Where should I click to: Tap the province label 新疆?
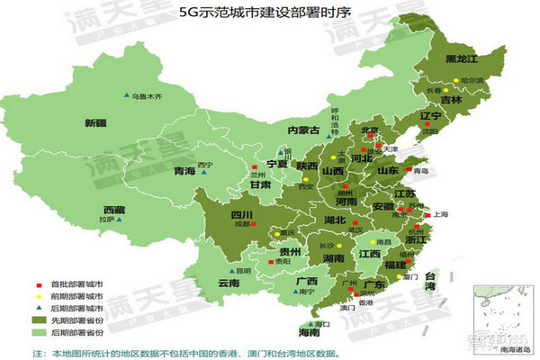(x=95, y=122)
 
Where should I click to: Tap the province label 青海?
(x=184, y=171)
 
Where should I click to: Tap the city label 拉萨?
(x=108, y=219)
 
